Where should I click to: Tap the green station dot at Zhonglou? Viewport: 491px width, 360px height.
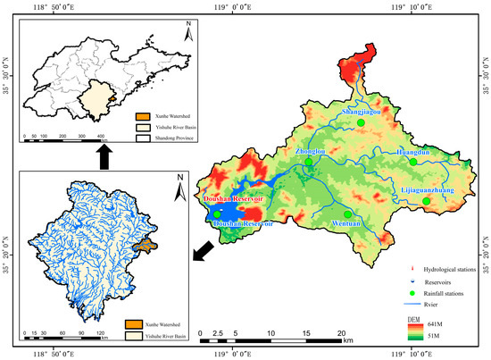point(309,162)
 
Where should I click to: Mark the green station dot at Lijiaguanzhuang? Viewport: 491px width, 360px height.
point(426,202)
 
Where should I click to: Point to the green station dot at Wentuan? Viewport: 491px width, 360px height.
point(347,213)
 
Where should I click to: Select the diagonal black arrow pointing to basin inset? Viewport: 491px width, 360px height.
point(202,256)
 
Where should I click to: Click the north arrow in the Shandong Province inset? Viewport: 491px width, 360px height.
point(186,36)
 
